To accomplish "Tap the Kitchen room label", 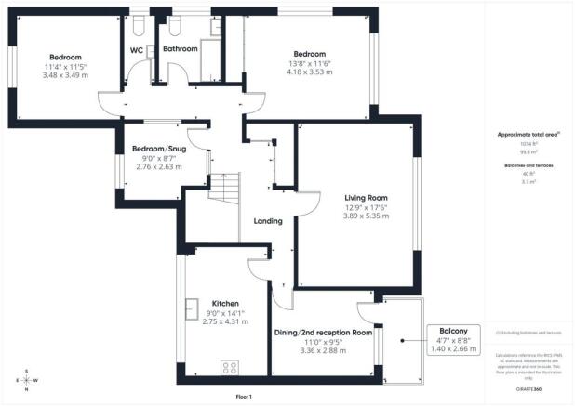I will pos(226,304).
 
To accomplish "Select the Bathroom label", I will pos(181,48).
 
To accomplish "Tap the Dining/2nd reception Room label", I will pos(323,332).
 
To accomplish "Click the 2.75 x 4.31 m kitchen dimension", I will pos(226,321).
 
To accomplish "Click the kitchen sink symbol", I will pos(193,306).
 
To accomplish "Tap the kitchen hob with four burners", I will pos(228,366).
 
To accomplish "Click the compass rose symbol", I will pos(27,381).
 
